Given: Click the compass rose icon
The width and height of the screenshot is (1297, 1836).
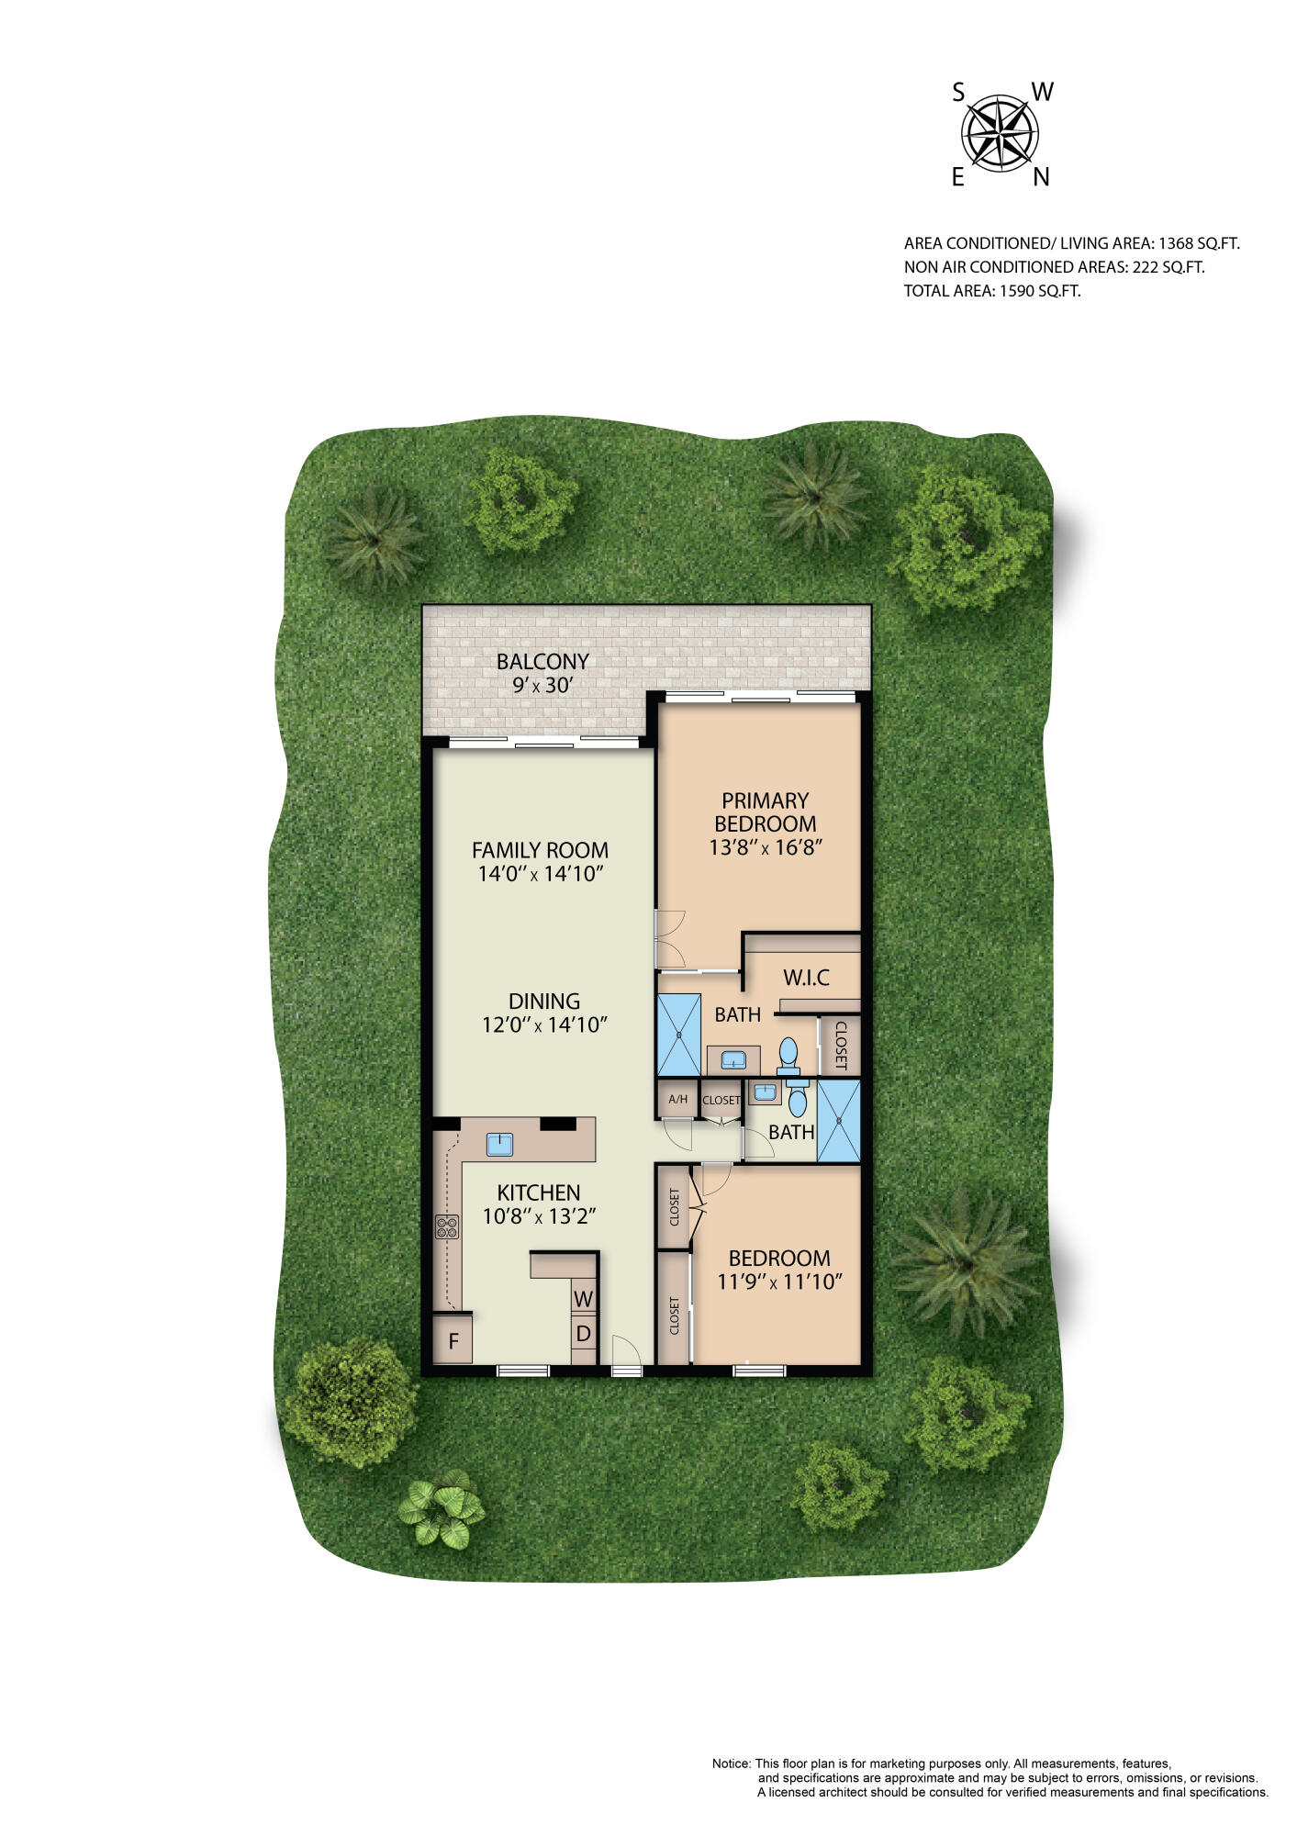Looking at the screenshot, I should pyautogui.click(x=1000, y=134).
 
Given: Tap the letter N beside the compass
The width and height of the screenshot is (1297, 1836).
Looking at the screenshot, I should pyautogui.click(x=1041, y=178).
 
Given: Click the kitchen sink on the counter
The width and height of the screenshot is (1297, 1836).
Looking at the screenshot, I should pyautogui.click(x=499, y=1144).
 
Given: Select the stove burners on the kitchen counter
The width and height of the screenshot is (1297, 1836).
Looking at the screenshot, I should pyautogui.click(x=447, y=1226).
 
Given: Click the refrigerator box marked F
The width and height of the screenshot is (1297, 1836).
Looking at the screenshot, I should pyautogui.click(x=453, y=1340).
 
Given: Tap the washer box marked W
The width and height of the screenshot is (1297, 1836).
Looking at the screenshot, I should pyautogui.click(x=584, y=1299).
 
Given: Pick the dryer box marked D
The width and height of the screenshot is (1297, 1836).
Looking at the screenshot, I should pyautogui.click(x=584, y=1334).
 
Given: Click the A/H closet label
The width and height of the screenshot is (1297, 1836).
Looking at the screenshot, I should pyautogui.click(x=677, y=1099).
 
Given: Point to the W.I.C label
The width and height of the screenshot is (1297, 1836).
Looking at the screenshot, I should pyautogui.click(x=806, y=977).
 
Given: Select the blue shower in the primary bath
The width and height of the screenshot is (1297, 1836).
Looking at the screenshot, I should pyautogui.click(x=678, y=1034).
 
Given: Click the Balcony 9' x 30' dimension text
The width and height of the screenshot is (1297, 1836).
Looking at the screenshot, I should pyautogui.click(x=542, y=685).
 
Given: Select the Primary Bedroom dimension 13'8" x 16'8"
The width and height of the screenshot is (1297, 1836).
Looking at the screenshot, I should pyautogui.click(x=765, y=846).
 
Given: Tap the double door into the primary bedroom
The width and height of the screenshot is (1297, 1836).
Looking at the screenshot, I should pyautogui.click(x=669, y=938).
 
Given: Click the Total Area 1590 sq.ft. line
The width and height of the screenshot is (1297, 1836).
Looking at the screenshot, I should pyautogui.click(x=991, y=291).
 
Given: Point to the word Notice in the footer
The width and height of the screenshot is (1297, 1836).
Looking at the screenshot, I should pyautogui.click(x=731, y=1763).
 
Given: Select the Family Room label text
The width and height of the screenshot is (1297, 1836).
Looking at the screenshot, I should pyautogui.click(x=540, y=849).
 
